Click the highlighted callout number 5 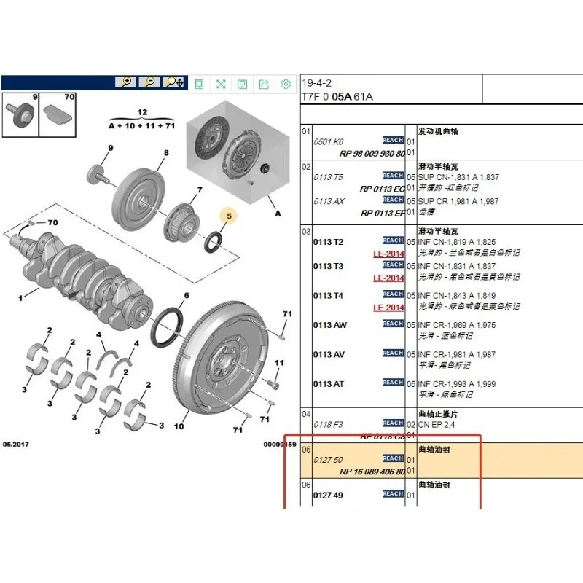pyautogui.click(x=228, y=216)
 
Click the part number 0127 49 pyautogui.click(x=328, y=496)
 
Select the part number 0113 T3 pyautogui.click(x=328, y=267)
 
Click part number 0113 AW pyautogui.click(x=329, y=325)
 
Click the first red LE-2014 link pyautogui.click(x=388, y=254)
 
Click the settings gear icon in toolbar pyautogui.click(x=286, y=84)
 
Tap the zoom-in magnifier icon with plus pyautogui.click(x=125, y=82)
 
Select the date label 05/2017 pyautogui.click(x=16, y=444)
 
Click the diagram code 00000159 pyautogui.click(x=280, y=444)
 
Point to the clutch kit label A pyautogui.click(x=277, y=214)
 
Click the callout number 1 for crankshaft pyautogui.click(x=21, y=298)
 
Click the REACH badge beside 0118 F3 pyautogui.click(x=393, y=423)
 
